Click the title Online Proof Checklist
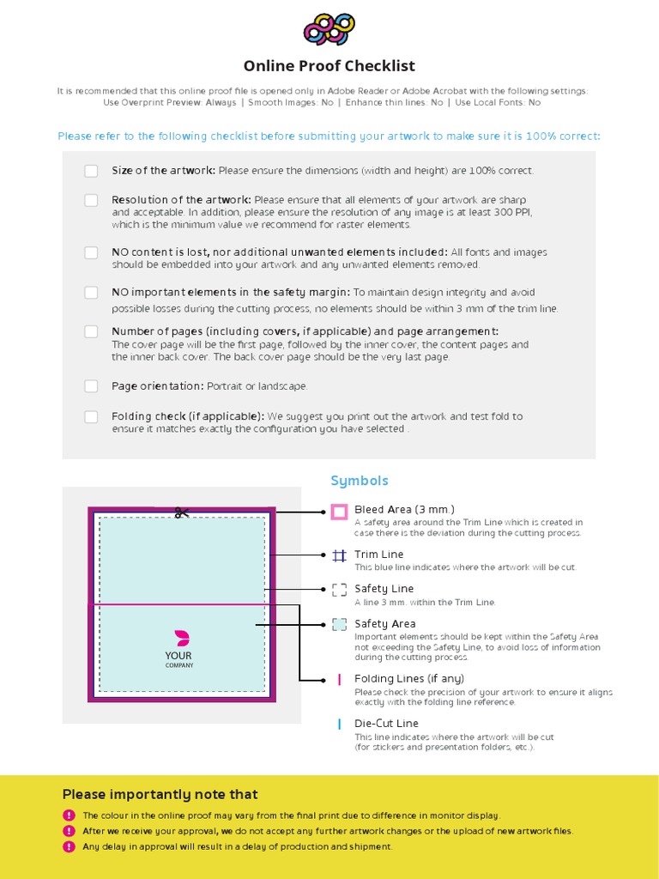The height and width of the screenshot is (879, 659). [329, 66]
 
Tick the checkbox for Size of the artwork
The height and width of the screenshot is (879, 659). [91, 171]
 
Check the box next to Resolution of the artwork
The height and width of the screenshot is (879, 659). [91, 200]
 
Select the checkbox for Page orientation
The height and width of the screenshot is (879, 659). [91, 386]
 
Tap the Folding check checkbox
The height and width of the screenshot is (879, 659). [91, 416]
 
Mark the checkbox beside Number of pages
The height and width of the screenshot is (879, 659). [91, 331]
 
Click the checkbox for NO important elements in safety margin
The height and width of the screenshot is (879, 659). [91, 293]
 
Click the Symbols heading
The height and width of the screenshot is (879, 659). [360, 481]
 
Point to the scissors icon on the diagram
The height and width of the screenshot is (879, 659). [182, 512]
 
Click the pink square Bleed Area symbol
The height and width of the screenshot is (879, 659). [339, 512]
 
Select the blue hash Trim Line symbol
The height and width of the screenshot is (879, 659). [339, 555]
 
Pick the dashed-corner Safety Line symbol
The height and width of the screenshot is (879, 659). [339, 590]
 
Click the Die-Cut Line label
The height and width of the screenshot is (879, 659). [386, 724]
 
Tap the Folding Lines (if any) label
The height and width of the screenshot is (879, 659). [409, 678]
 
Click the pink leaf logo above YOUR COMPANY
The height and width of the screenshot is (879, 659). [182, 638]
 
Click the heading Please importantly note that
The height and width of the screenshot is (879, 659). [160, 794]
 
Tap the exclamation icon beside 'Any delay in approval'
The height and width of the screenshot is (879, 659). [69, 846]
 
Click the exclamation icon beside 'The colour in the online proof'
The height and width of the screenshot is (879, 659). [69, 815]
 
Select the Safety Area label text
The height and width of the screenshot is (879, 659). [384, 624]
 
